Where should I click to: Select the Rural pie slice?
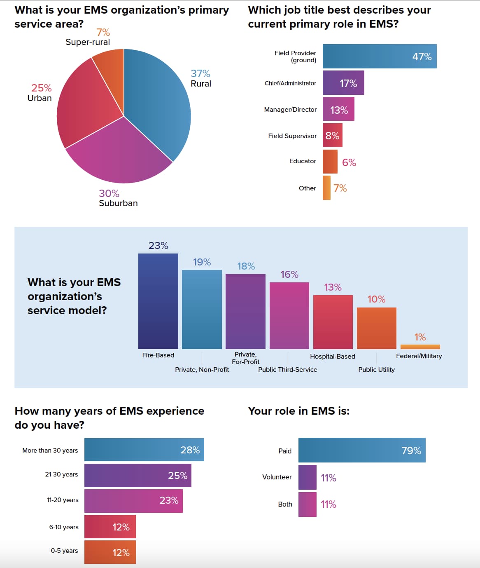coord(161,107)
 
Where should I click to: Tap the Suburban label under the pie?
coord(118,203)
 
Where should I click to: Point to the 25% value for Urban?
coord(42,88)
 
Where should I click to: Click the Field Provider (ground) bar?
coord(379,56)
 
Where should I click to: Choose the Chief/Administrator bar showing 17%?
coord(343,83)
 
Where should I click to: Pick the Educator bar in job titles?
coord(330,162)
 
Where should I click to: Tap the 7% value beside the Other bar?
coord(340,188)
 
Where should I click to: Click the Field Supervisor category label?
coord(292,136)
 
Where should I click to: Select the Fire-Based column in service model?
coord(158,301)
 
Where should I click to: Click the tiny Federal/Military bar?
coord(420,347)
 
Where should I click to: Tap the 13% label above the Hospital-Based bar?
coord(333,287)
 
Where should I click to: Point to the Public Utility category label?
coord(376,370)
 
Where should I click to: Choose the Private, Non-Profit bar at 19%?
coord(202,309)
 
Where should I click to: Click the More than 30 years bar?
coord(144,450)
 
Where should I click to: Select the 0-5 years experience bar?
coord(110,552)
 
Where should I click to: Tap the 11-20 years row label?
coord(63,500)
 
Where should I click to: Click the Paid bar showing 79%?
coord(361,450)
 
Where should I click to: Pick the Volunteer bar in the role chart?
coord(307,477)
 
